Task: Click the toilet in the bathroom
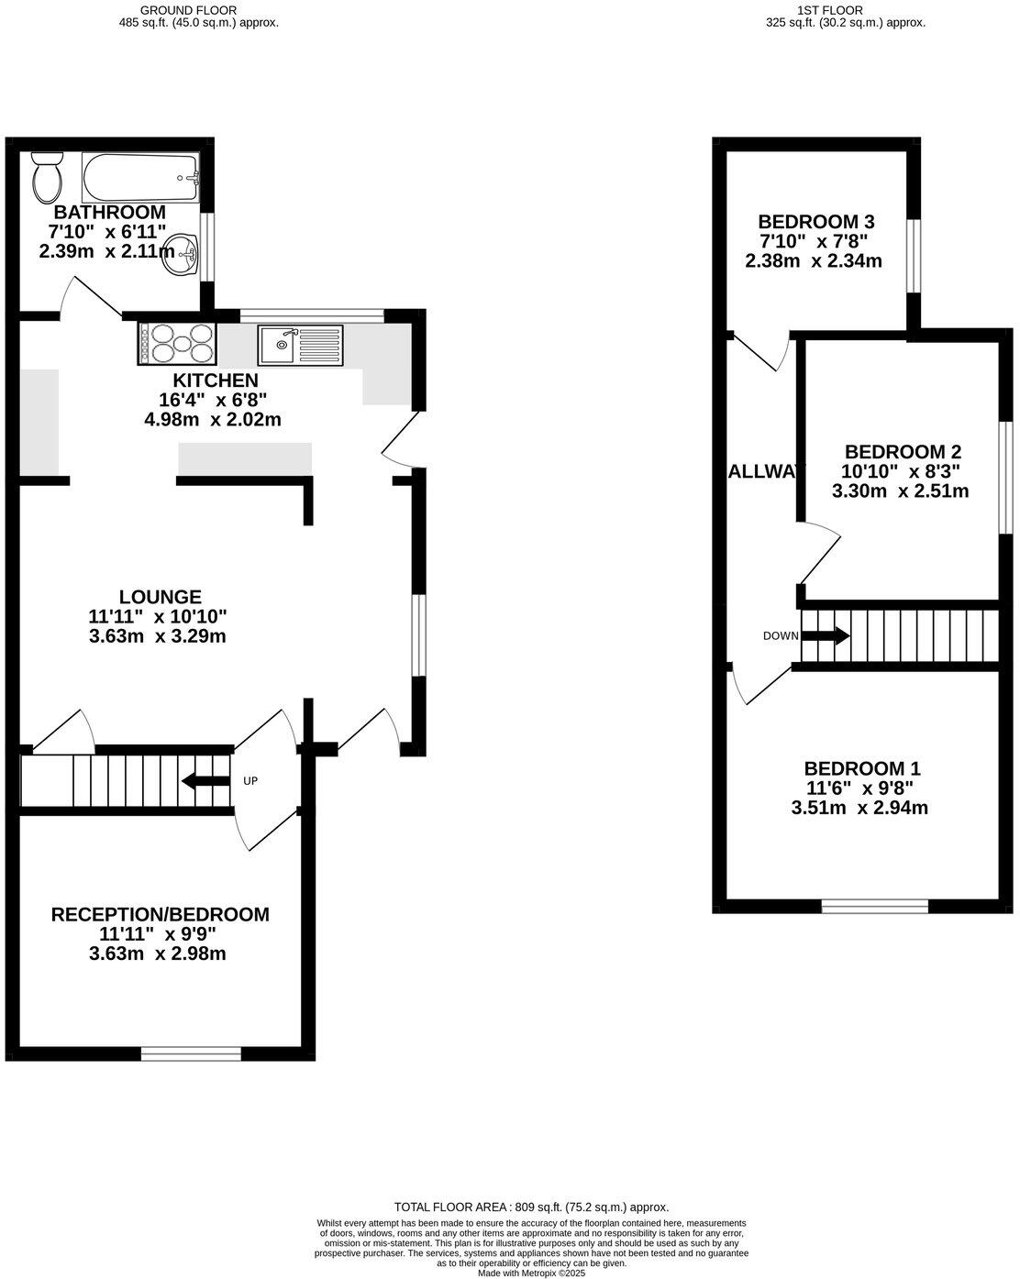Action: coord(46,178)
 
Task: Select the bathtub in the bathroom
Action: coord(139,178)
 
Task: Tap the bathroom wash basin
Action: coord(180,254)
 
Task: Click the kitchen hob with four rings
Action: coord(177,344)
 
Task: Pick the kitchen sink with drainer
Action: coord(300,345)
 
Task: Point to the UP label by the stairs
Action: coord(249,781)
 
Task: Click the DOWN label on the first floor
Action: coord(780,635)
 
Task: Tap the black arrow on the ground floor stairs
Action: coord(206,781)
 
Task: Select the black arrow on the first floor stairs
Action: coord(826,635)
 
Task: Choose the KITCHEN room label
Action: coord(216,380)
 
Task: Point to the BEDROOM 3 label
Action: coord(815,222)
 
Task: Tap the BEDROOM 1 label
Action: coord(862,768)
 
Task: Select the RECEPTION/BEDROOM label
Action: coord(161,914)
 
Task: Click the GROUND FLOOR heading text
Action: coord(198,10)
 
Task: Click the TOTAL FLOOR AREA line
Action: coord(531,1207)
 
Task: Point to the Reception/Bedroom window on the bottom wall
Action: coord(191,1053)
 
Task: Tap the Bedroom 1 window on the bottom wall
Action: coord(874,907)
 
